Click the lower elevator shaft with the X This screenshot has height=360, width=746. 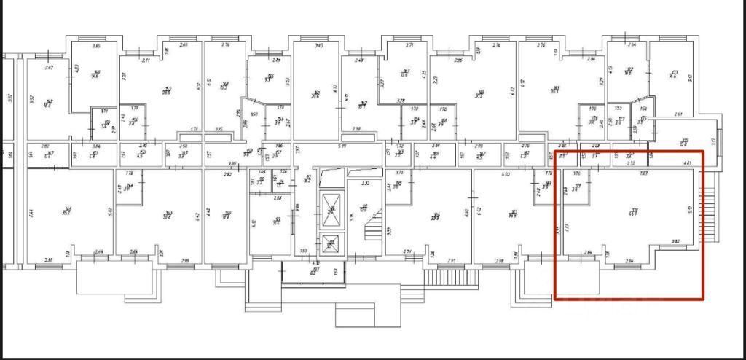click(331, 243)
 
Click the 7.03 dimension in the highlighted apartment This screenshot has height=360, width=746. click(644, 174)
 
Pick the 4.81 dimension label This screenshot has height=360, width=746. click(686, 164)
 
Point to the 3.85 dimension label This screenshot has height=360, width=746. click(95, 47)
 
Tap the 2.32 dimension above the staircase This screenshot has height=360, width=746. click(366, 183)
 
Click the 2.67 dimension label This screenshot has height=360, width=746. click(678, 114)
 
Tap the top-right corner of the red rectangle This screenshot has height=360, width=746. click(703, 152)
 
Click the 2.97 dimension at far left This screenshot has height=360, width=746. click(49, 68)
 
